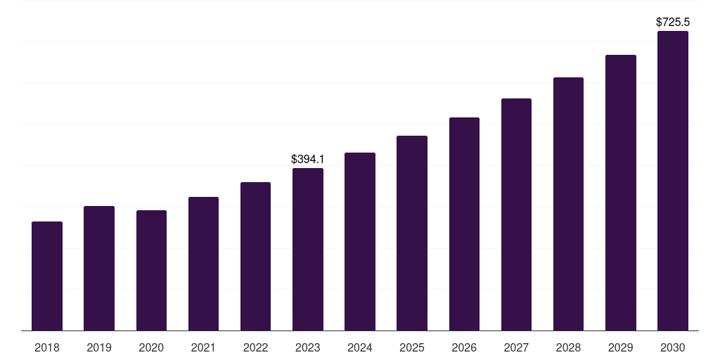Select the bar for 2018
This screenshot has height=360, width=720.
tap(47, 276)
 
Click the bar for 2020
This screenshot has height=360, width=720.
tap(151, 270)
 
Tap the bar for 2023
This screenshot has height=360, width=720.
tap(308, 249)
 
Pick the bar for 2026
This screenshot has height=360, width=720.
tap(464, 224)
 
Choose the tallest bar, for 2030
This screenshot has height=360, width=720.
tap(673, 181)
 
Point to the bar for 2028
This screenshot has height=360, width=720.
tap(568, 204)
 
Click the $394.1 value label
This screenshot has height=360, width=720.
tap(308, 160)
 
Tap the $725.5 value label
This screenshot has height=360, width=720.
tap(673, 22)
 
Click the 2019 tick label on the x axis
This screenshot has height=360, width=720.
tap(99, 347)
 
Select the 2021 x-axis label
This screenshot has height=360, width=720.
tap(203, 347)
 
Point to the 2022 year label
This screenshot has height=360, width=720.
tap(255, 347)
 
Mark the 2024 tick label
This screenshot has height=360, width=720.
tap(360, 347)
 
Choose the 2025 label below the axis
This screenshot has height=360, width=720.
tap(412, 347)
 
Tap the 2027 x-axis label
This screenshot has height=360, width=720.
tap(516, 347)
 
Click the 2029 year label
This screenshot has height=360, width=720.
tap(621, 347)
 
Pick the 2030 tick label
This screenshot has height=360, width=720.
tap(673, 347)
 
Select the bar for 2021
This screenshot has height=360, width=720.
tap(203, 264)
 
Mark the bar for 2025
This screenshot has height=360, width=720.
tap(412, 233)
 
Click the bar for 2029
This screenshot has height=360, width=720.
tap(621, 193)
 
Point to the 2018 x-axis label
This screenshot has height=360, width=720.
tap(47, 347)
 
